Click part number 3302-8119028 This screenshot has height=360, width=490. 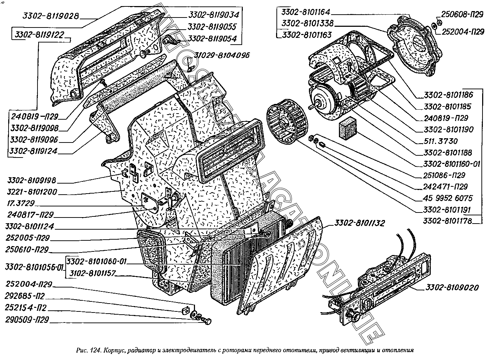click(50, 16)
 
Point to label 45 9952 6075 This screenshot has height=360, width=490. click(447, 198)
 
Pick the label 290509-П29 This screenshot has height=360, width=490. click(27, 320)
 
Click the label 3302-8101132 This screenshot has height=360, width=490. click(359, 224)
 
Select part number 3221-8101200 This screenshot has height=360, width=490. click(31, 192)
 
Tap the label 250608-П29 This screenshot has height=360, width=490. click(462, 15)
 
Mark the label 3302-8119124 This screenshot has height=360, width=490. click(34, 151)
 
